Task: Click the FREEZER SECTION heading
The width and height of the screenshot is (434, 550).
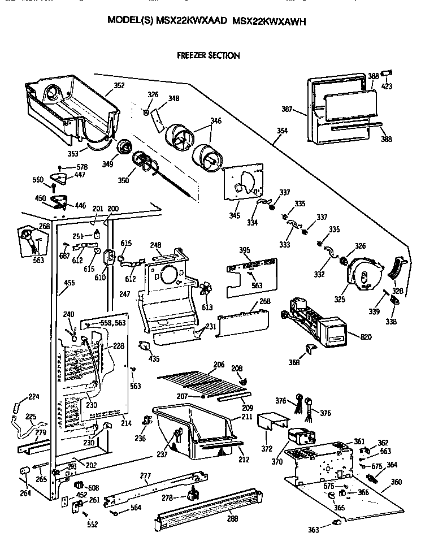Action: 208,55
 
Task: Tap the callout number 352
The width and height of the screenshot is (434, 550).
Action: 119,86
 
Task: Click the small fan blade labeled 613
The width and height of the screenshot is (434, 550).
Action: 206,290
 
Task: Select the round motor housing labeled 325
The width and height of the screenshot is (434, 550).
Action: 364,276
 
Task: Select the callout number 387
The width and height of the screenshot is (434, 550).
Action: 288,109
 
